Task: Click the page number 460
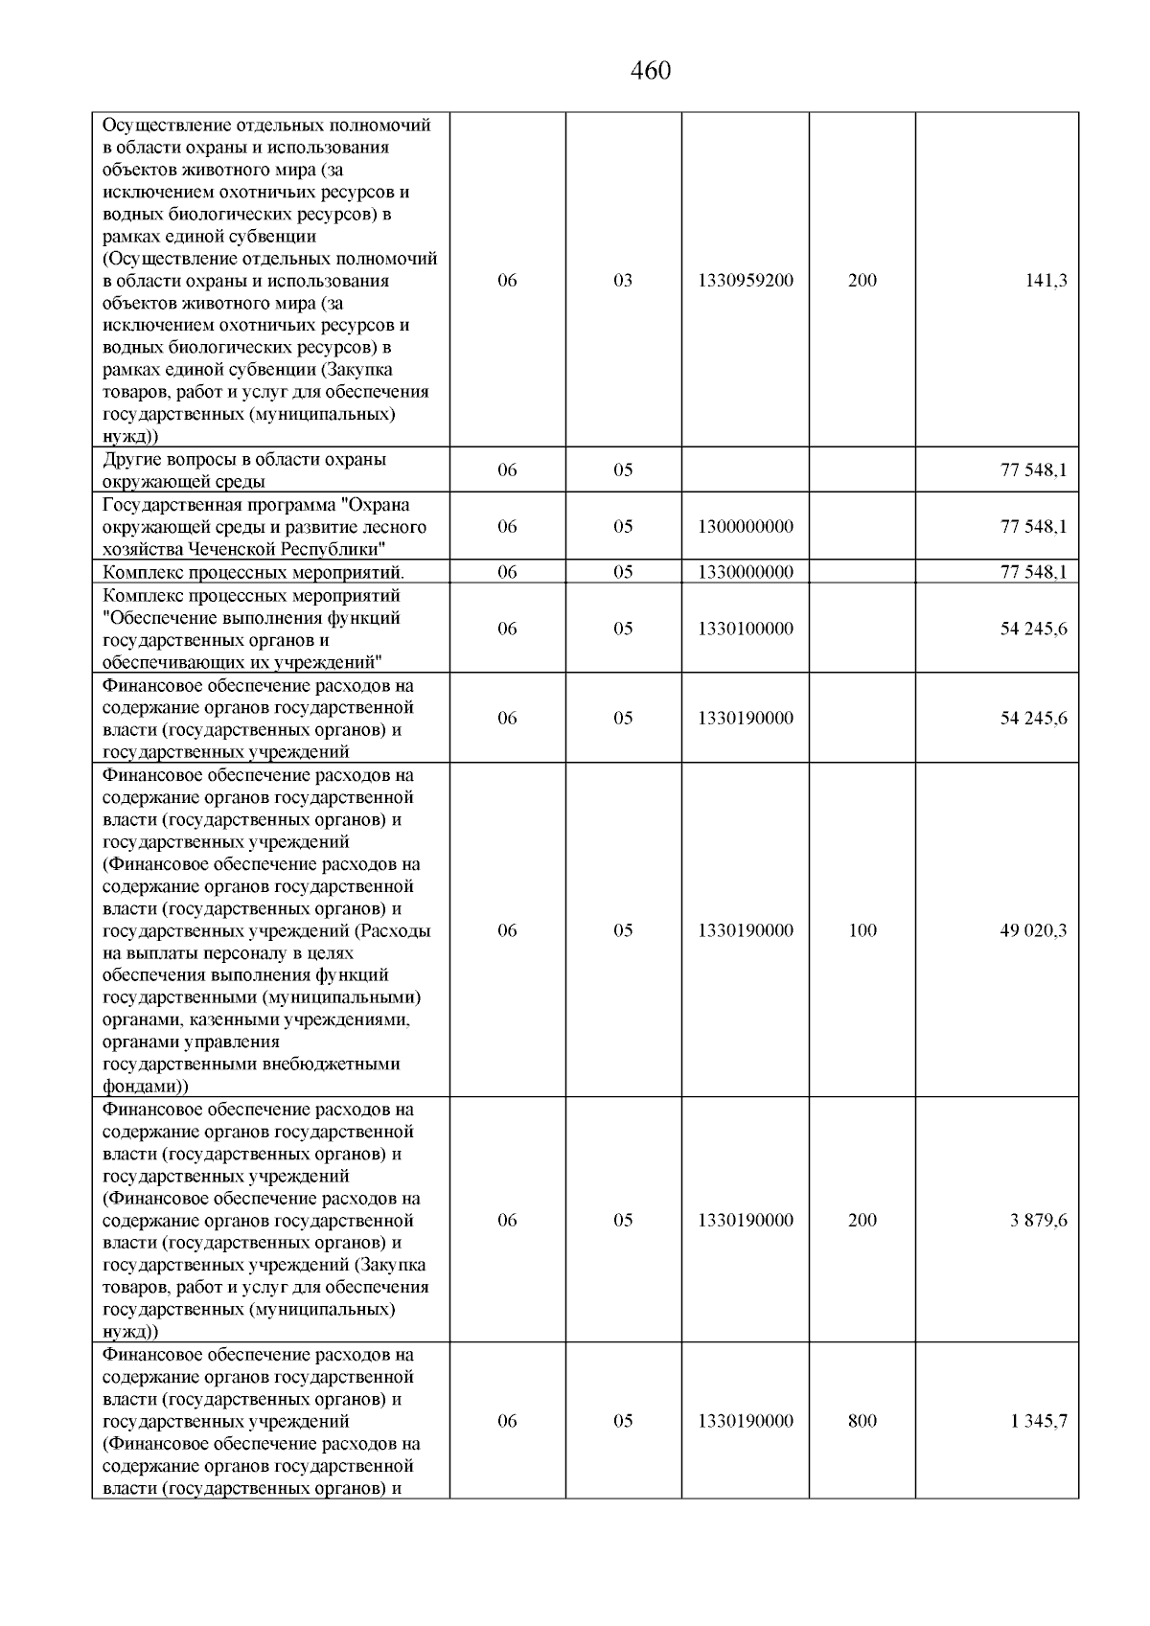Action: (x=652, y=72)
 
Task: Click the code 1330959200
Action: (x=746, y=281)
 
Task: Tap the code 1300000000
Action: (x=746, y=526)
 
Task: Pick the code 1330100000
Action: (x=746, y=629)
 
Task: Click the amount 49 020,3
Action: (x=1033, y=930)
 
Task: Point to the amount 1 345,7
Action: (x=1038, y=1421)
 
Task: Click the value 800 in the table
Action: (x=862, y=1421)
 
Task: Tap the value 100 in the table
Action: (x=862, y=930)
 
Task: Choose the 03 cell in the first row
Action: (x=623, y=281)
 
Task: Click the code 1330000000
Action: (x=746, y=572)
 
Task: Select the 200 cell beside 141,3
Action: (x=862, y=281)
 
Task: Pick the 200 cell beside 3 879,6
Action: (x=862, y=1220)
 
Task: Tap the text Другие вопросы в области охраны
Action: (x=244, y=459)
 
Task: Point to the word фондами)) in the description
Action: (x=145, y=1087)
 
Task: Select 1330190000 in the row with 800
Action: (x=746, y=1421)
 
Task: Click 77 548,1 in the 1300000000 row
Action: (x=1033, y=526)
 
